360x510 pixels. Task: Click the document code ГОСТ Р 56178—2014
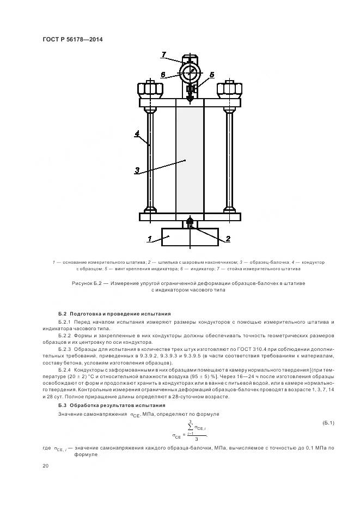click(x=72, y=40)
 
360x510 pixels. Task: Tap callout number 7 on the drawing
click(x=163, y=54)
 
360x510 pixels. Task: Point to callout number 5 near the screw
click(x=211, y=74)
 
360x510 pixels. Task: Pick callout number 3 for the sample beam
click(x=138, y=170)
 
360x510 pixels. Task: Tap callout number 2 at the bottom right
click(x=228, y=238)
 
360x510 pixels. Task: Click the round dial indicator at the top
click(x=190, y=72)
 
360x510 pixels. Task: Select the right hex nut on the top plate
click(x=229, y=88)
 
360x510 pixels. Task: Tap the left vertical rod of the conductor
click(x=150, y=158)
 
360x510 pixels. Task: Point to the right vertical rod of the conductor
click(x=229, y=158)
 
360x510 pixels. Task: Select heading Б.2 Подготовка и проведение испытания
click(x=114, y=314)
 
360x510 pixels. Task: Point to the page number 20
click(x=45, y=466)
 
